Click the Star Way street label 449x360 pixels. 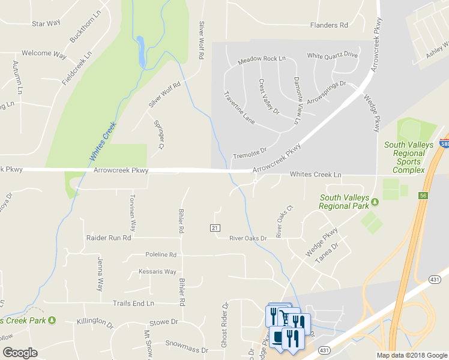pos(46,24)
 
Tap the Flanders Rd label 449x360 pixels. pos(329,25)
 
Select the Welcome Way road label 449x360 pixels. pos(44,53)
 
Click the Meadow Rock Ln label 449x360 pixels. pos(262,59)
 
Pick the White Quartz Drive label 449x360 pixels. pos(333,55)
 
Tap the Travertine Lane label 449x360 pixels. pos(239,108)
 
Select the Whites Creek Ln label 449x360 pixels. pos(315,175)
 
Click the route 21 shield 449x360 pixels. pos(214,227)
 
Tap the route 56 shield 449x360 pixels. pos(424,196)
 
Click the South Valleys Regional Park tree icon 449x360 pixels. pos(375,201)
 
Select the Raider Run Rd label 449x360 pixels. pos(108,238)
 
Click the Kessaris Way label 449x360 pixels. pos(157,272)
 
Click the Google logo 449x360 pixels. pos(20,353)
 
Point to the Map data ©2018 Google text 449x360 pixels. pos(411,355)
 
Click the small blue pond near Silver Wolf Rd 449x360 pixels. pos(140,52)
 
